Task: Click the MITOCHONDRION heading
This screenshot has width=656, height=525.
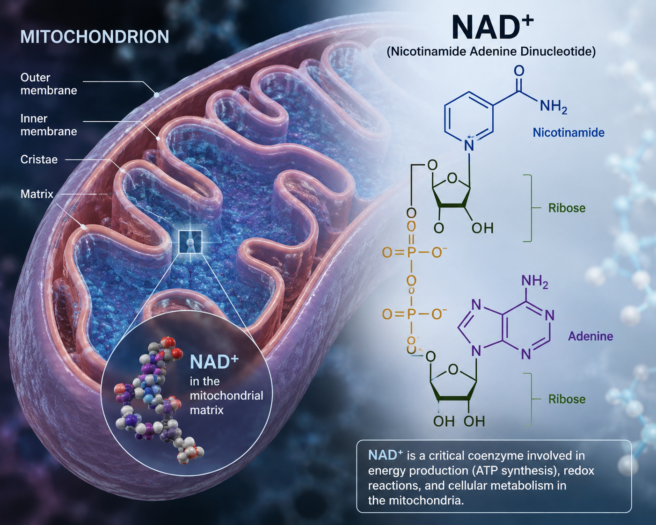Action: (95, 36)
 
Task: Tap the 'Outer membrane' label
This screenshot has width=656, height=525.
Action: (49, 84)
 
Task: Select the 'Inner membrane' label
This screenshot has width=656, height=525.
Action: (49, 124)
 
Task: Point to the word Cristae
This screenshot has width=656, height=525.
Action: (39, 160)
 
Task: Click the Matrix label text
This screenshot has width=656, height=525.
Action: (37, 194)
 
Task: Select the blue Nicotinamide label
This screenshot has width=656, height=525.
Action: (569, 132)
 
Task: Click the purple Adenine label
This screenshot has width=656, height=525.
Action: (590, 336)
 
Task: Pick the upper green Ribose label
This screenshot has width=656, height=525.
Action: (567, 208)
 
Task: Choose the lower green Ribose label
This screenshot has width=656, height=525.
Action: (567, 399)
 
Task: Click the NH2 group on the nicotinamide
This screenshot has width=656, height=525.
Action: (553, 107)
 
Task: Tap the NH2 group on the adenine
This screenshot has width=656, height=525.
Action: (535, 281)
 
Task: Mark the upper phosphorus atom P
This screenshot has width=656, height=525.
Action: (411, 253)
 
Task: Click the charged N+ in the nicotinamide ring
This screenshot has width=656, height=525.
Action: (469, 145)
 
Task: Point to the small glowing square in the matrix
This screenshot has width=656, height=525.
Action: (190, 242)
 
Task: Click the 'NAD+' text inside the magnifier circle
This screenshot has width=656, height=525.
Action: (214, 362)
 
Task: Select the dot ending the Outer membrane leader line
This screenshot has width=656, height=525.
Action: (156, 95)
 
